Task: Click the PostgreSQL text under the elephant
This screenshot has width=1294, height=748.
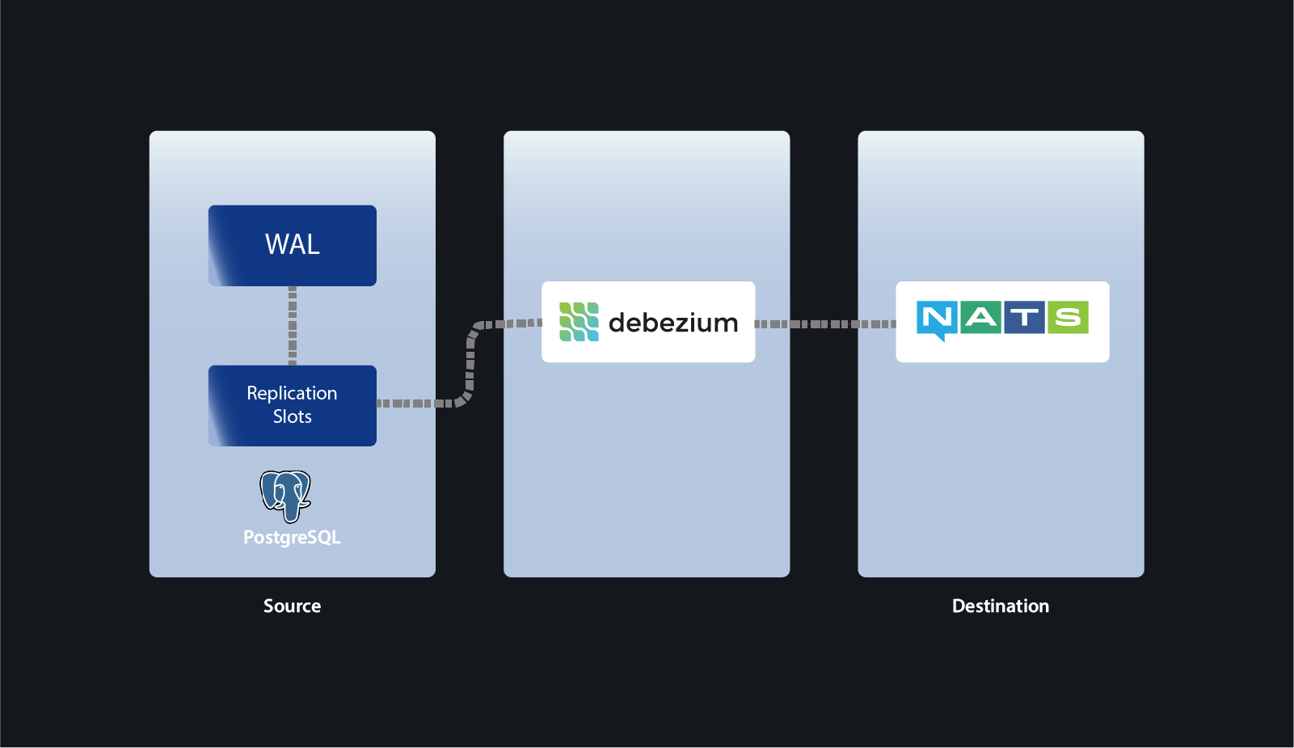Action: (x=292, y=538)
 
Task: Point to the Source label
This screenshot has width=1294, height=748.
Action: (x=292, y=606)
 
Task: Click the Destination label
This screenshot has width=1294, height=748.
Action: (x=1000, y=606)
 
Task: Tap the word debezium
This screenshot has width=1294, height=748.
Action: (x=672, y=323)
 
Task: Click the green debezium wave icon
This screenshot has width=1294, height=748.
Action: (x=579, y=322)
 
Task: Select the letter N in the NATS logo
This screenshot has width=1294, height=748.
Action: (x=938, y=317)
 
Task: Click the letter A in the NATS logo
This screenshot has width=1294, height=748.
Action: (x=981, y=317)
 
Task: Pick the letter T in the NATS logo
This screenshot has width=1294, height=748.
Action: (x=1024, y=317)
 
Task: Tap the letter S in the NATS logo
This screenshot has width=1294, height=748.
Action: (x=1068, y=317)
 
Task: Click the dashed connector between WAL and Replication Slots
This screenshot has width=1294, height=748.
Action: (x=293, y=325)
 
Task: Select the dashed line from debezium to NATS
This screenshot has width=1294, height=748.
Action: (x=824, y=323)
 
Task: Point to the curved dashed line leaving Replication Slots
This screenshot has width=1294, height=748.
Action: (x=470, y=364)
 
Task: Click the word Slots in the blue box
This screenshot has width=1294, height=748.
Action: (x=292, y=416)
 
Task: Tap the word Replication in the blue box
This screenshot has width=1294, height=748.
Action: (x=292, y=393)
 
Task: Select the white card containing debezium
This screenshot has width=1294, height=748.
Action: (x=648, y=351)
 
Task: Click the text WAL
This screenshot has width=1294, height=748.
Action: (x=292, y=244)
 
